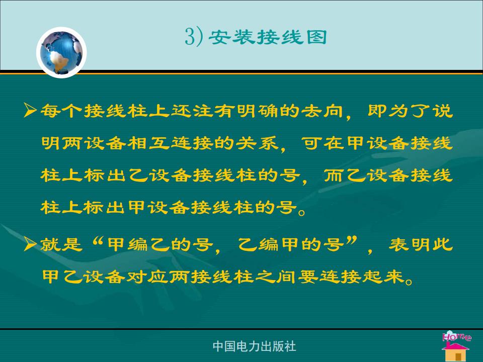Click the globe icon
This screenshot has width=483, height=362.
(x=61, y=52)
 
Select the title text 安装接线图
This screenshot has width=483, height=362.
(x=267, y=37)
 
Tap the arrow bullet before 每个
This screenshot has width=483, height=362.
(x=31, y=110)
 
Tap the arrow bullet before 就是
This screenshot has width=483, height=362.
(x=31, y=244)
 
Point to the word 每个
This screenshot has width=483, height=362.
(x=61, y=110)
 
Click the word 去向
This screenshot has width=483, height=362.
(x=322, y=111)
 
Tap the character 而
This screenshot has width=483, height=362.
(x=334, y=175)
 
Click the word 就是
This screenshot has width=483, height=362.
(x=61, y=245)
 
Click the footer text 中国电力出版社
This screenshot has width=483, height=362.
(x=254, y=346)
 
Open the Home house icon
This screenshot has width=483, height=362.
(x=456, y=346)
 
